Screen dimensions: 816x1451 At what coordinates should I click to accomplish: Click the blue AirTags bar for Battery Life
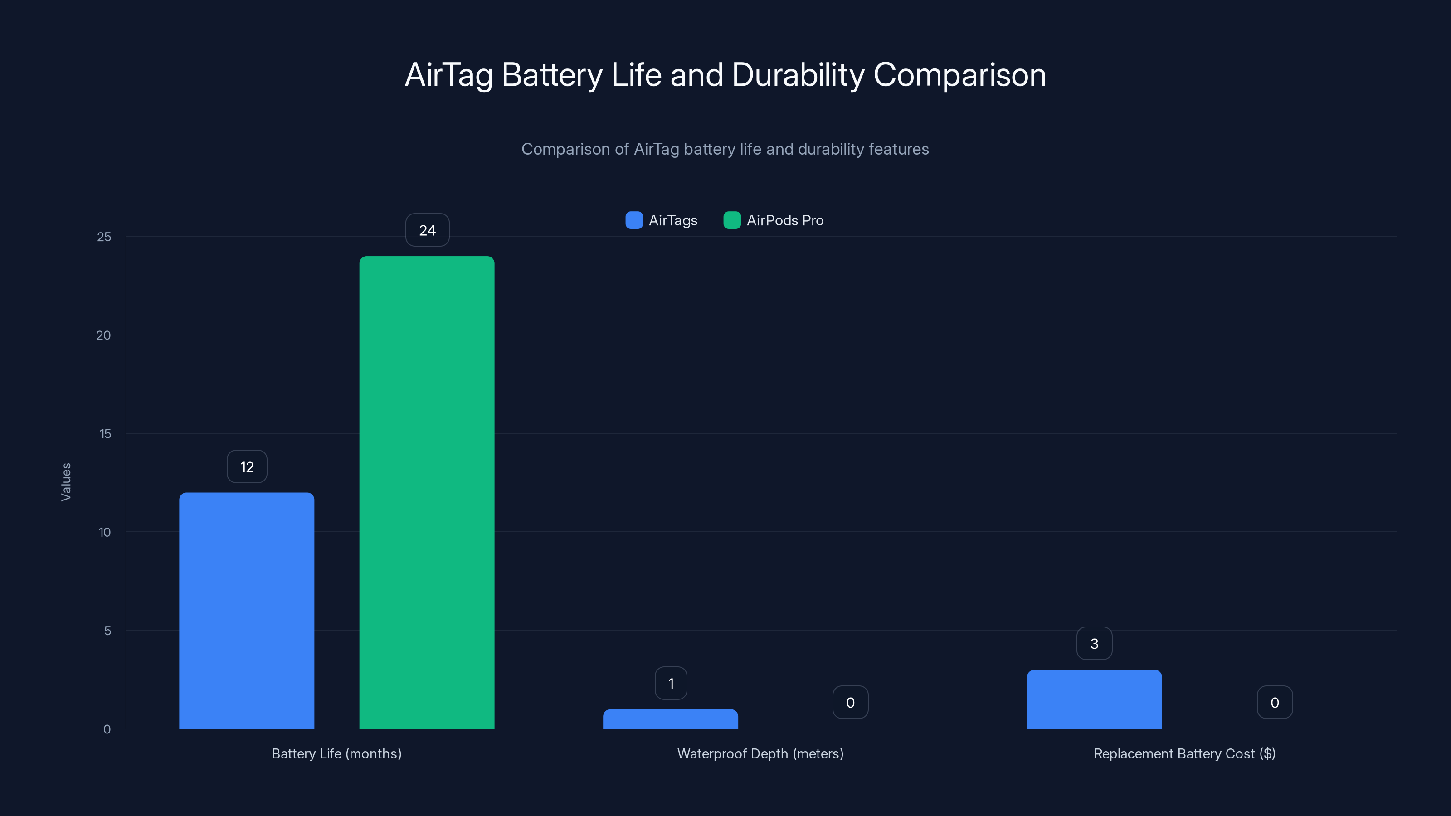(x=247, y=611)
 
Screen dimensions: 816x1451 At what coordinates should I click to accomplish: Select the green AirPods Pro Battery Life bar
(x=427, y=492)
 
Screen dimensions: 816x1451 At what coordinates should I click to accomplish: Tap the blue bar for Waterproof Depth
(x=670, y=719)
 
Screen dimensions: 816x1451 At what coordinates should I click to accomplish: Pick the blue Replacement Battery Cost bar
(x=1094, y=699)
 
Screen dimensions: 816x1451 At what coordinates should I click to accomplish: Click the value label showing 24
(x=427, y=230)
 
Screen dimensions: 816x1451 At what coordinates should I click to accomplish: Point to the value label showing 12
(x=247, y=467)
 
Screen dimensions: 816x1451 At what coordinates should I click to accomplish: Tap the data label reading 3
(x=1094, y=644)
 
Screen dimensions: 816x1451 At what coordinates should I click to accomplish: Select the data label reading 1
(x=670, y=684)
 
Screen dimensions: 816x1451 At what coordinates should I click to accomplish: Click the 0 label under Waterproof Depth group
(x=850, y=703)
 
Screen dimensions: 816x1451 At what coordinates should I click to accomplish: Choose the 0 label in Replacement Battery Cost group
(x=1274, y=703)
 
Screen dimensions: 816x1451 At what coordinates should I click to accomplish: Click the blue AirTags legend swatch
(x=634, y=220)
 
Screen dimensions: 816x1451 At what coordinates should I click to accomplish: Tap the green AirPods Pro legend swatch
(x=732, y=220)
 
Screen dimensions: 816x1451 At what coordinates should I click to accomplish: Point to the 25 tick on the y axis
(x=104, y=237)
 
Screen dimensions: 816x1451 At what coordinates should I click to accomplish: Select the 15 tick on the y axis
(x=105, y=434)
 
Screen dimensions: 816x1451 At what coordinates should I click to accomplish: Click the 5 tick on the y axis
(x=107, y=631)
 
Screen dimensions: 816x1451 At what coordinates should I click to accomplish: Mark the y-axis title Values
(x=66, y=482)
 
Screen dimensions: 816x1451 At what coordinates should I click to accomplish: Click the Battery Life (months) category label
(x=336, y=754)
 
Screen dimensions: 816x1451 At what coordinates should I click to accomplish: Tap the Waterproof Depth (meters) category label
(x=760, y=754)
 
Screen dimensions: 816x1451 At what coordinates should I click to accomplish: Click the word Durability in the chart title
(x=798, y=75)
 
